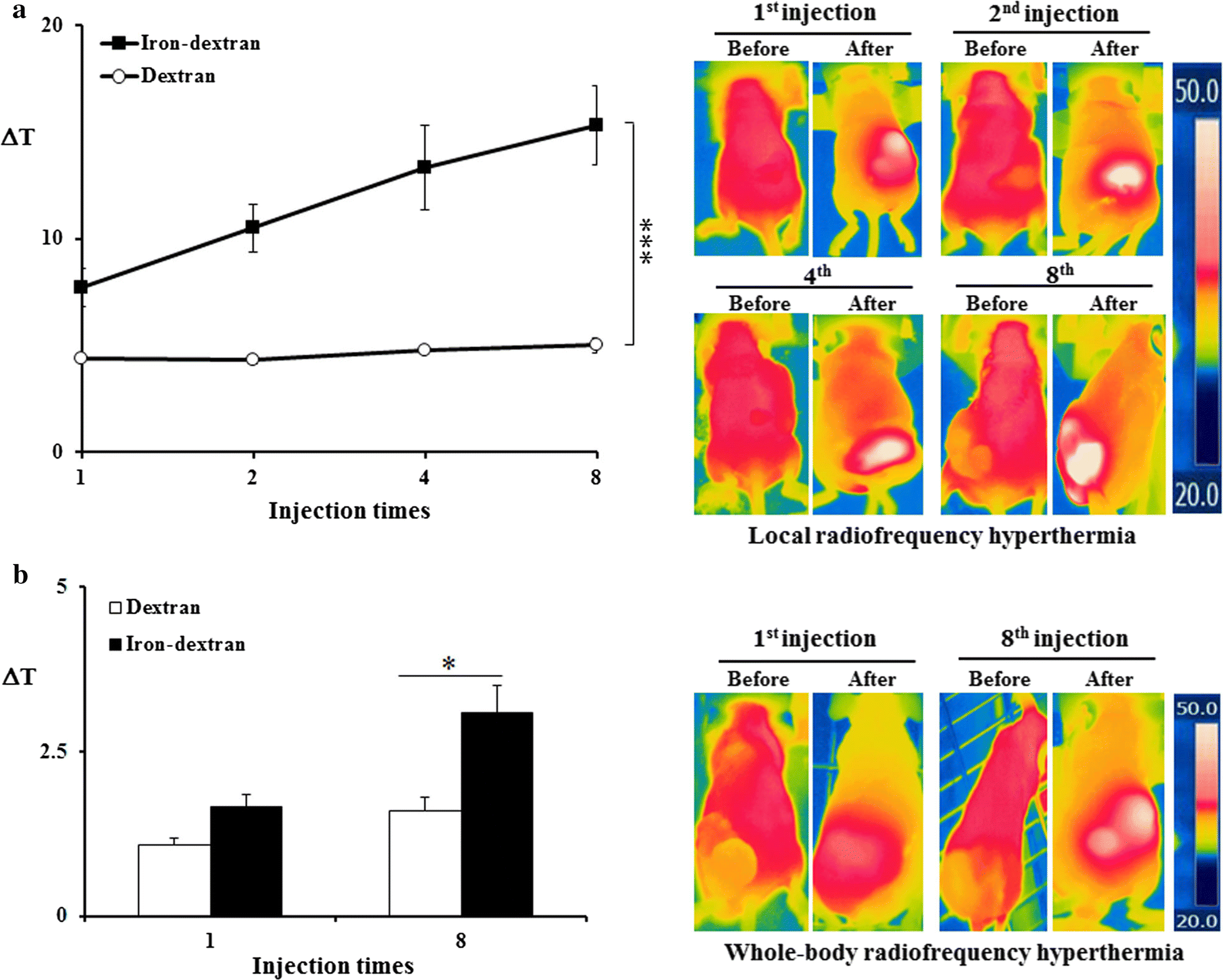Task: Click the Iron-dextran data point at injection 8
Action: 596,125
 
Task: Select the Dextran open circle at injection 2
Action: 252,359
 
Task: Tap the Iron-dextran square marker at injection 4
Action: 424,167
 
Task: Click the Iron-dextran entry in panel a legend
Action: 181,43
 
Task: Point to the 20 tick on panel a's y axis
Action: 52,26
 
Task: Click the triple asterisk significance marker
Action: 647,241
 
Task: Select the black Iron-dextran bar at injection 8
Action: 496,813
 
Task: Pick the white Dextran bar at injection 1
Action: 174,880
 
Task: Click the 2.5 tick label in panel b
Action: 54,752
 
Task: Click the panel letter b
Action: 21,575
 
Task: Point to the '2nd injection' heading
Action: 1053,14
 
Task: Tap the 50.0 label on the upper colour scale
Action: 1196,92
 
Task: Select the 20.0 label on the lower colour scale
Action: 1196,921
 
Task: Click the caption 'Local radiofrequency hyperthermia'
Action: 941,536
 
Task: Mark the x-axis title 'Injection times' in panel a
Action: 349,511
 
